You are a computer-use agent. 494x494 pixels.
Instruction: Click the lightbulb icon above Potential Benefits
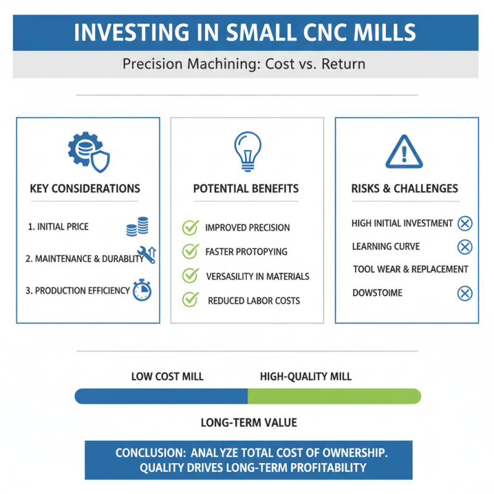[x=247, y=151]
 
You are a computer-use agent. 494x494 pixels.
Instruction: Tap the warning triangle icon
[x=404, y=151]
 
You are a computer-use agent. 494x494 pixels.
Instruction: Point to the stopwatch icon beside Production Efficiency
[x=141, y=291]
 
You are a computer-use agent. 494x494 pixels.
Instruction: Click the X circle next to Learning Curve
[x=464, y=247]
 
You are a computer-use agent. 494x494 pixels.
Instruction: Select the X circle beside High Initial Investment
[x=464, y=224]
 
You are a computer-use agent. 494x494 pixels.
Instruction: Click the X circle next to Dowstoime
[x=464, y=293]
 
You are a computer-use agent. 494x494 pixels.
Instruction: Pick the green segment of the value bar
[x=333, y=396]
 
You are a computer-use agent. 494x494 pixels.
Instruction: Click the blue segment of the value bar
[x=161, y=396]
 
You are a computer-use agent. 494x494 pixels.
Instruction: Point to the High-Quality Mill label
[x=306, y=376]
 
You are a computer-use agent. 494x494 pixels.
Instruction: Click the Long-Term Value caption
[x=249, y=423]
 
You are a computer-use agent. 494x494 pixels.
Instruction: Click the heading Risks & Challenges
[x=404, y=188]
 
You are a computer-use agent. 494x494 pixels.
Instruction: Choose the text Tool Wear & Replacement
[x=411, y=269]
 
